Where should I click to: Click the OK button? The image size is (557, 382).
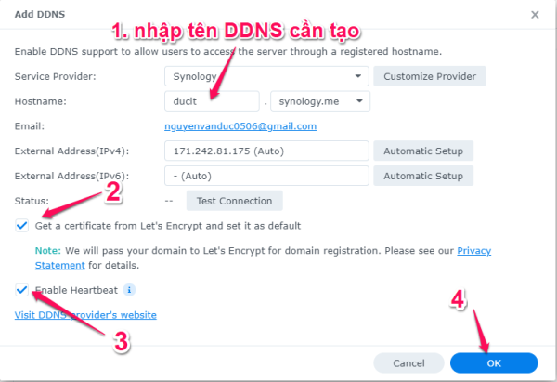(x=493, y=362)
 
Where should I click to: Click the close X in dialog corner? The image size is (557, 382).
(x=534, y=15)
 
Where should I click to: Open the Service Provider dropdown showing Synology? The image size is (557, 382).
(x=266, y=75)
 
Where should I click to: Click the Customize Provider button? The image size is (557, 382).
(x=430, y=75)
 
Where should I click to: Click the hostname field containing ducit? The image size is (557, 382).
(x=211, y=100)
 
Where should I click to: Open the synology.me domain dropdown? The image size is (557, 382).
(x=319, y=100)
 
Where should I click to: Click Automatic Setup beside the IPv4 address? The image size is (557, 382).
(x=422, y=151)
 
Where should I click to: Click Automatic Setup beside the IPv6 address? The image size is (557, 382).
(x=422, y=176)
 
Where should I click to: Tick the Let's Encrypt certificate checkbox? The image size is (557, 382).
(x=21, y=225)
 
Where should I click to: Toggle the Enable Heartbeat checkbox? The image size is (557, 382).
(x=21, y=290)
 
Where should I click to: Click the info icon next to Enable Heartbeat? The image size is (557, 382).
(x=129, y=290)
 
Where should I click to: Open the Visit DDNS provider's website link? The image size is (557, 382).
(x=85, y=315)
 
